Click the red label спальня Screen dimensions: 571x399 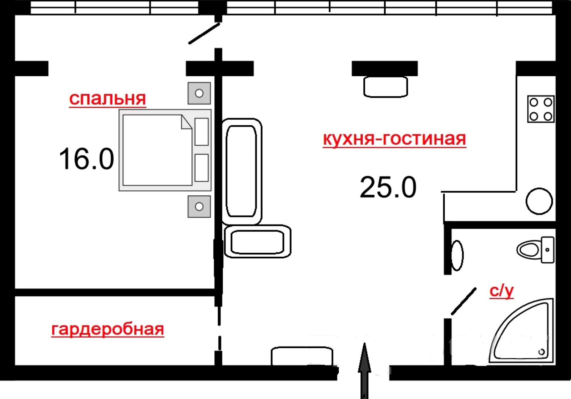107,99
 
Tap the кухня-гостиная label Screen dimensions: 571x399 394,139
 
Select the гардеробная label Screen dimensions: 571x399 107,330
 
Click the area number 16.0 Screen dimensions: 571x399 86,159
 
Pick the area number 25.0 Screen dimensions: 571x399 388,187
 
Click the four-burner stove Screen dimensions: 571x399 541,109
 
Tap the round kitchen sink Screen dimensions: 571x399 539,201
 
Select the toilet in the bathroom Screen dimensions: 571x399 535,249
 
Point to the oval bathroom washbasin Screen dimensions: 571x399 457,255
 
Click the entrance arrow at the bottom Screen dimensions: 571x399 364,371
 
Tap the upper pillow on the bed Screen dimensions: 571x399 202,132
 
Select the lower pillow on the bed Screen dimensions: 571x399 202,168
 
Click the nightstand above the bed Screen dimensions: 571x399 199,93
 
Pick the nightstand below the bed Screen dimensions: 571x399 199,207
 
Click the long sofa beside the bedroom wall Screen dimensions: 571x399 242,172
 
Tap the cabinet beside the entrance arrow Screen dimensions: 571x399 302,356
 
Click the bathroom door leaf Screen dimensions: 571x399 464,301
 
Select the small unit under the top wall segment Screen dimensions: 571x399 386,87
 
